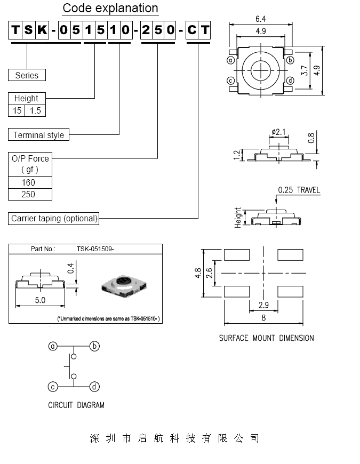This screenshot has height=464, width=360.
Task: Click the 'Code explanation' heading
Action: [x=110, y=9]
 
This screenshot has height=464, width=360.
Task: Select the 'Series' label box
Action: [x=27, y=75]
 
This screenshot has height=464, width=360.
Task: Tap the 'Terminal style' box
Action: [x=38, y=135]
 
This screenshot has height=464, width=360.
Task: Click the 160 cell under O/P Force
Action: [x=28, y=182]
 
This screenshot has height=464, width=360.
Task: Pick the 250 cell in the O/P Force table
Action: [x=28, y=194]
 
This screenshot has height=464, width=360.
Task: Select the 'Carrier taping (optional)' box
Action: [x=54, y=218]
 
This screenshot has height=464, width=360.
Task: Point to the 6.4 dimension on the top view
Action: [x=260, y=19]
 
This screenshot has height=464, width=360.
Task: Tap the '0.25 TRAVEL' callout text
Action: [x=299, y=190]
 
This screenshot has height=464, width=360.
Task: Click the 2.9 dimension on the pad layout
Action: [x=263, y=305]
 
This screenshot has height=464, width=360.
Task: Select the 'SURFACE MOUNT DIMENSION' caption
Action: [x=267, y=338]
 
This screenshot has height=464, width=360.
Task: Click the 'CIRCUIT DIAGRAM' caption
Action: [x=76, y=405]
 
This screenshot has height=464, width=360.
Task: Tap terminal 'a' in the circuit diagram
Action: [x=53, y=347]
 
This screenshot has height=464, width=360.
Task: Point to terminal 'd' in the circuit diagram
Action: [x=94, y=387]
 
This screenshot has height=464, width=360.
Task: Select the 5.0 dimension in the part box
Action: [x=40, y=300]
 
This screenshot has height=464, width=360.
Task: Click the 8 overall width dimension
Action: [x=263, y=318]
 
